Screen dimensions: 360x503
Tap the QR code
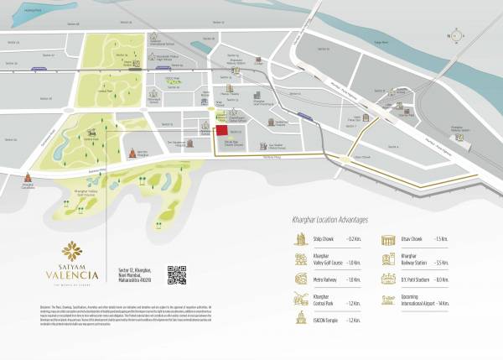(x=176, y=274)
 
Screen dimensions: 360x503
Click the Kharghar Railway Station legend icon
(x=387, y=260)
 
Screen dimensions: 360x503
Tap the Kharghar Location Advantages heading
(x=324, y=220)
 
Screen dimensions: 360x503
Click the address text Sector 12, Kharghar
(x=135, y=268)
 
